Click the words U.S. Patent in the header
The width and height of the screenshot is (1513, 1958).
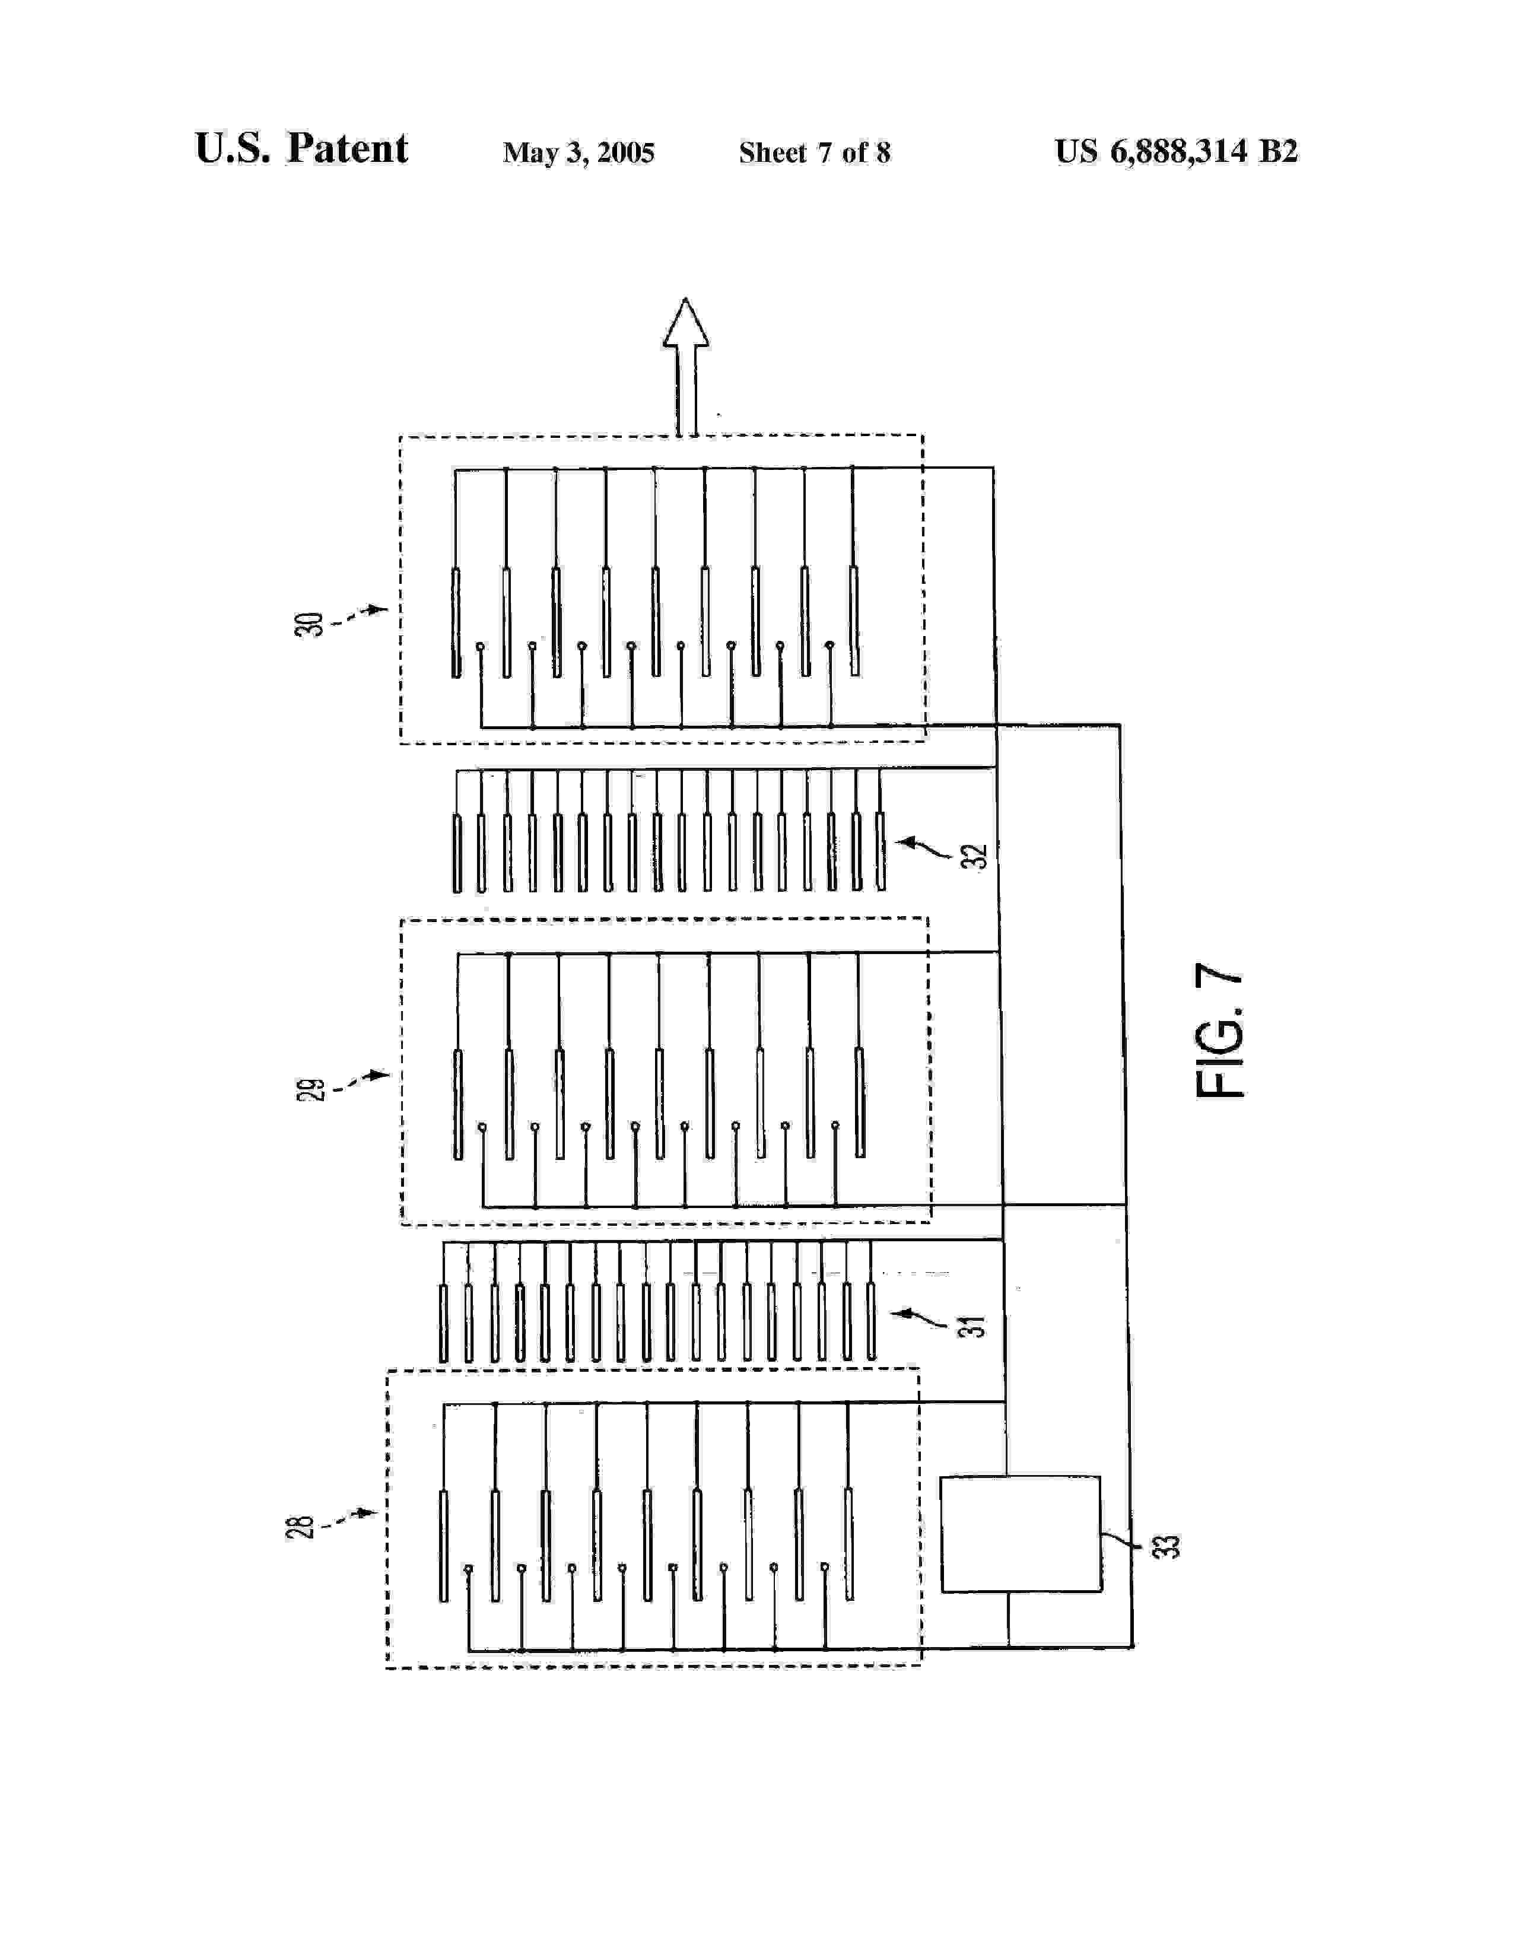pos(301,149)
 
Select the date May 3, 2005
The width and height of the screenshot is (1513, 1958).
pos(578,153)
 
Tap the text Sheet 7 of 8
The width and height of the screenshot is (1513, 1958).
pos(814,153)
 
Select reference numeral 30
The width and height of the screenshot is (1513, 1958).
pos(309,624)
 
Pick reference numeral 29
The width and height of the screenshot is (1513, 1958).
pos(310,1089)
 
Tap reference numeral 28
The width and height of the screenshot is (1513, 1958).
pos(300,1527)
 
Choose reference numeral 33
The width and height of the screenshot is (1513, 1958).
pos(1166,1546)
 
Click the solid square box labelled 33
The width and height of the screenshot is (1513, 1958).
pos(1020,1533)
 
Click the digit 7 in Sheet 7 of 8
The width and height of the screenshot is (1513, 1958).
pos(824,153)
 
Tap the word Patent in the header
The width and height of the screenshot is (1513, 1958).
pos(347,149)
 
